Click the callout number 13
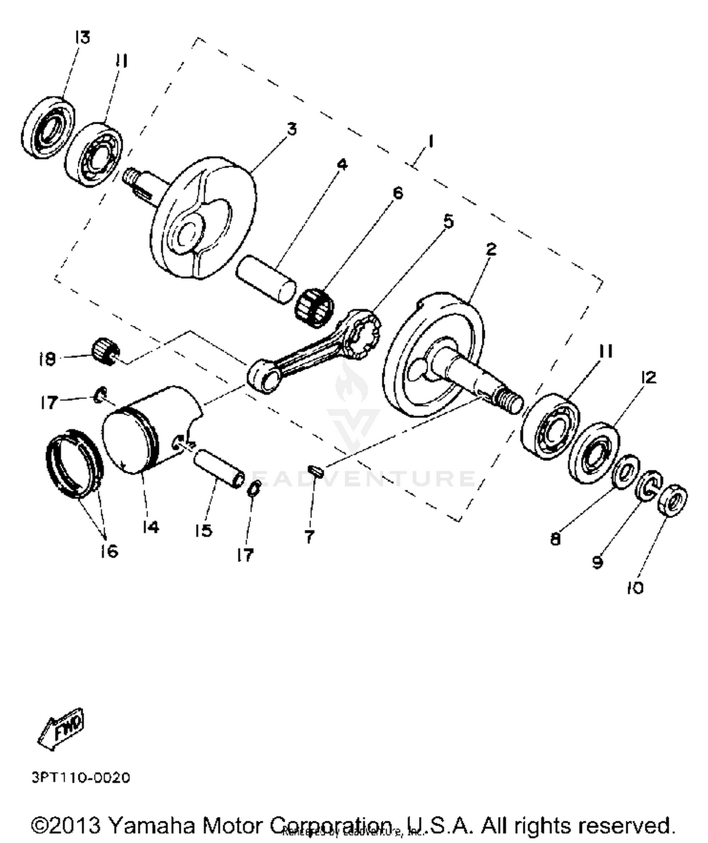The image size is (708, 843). (82, 38)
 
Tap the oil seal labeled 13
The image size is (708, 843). (48, 127)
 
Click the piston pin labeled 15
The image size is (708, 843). (219, 468)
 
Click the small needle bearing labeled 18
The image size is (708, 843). (105, 351)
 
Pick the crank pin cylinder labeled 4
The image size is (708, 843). (266, 279)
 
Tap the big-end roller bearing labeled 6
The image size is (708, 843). (314, 307)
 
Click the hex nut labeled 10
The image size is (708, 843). (672, 500)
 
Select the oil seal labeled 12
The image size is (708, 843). (594, 452)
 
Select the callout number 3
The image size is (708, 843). (292, 128)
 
